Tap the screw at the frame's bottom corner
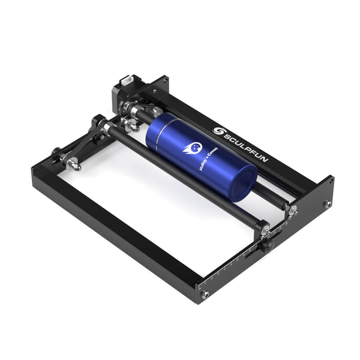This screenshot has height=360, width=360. coord(205,294)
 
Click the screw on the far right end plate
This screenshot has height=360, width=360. coord(328,204)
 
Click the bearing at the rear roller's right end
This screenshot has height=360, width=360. coord(292,209)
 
